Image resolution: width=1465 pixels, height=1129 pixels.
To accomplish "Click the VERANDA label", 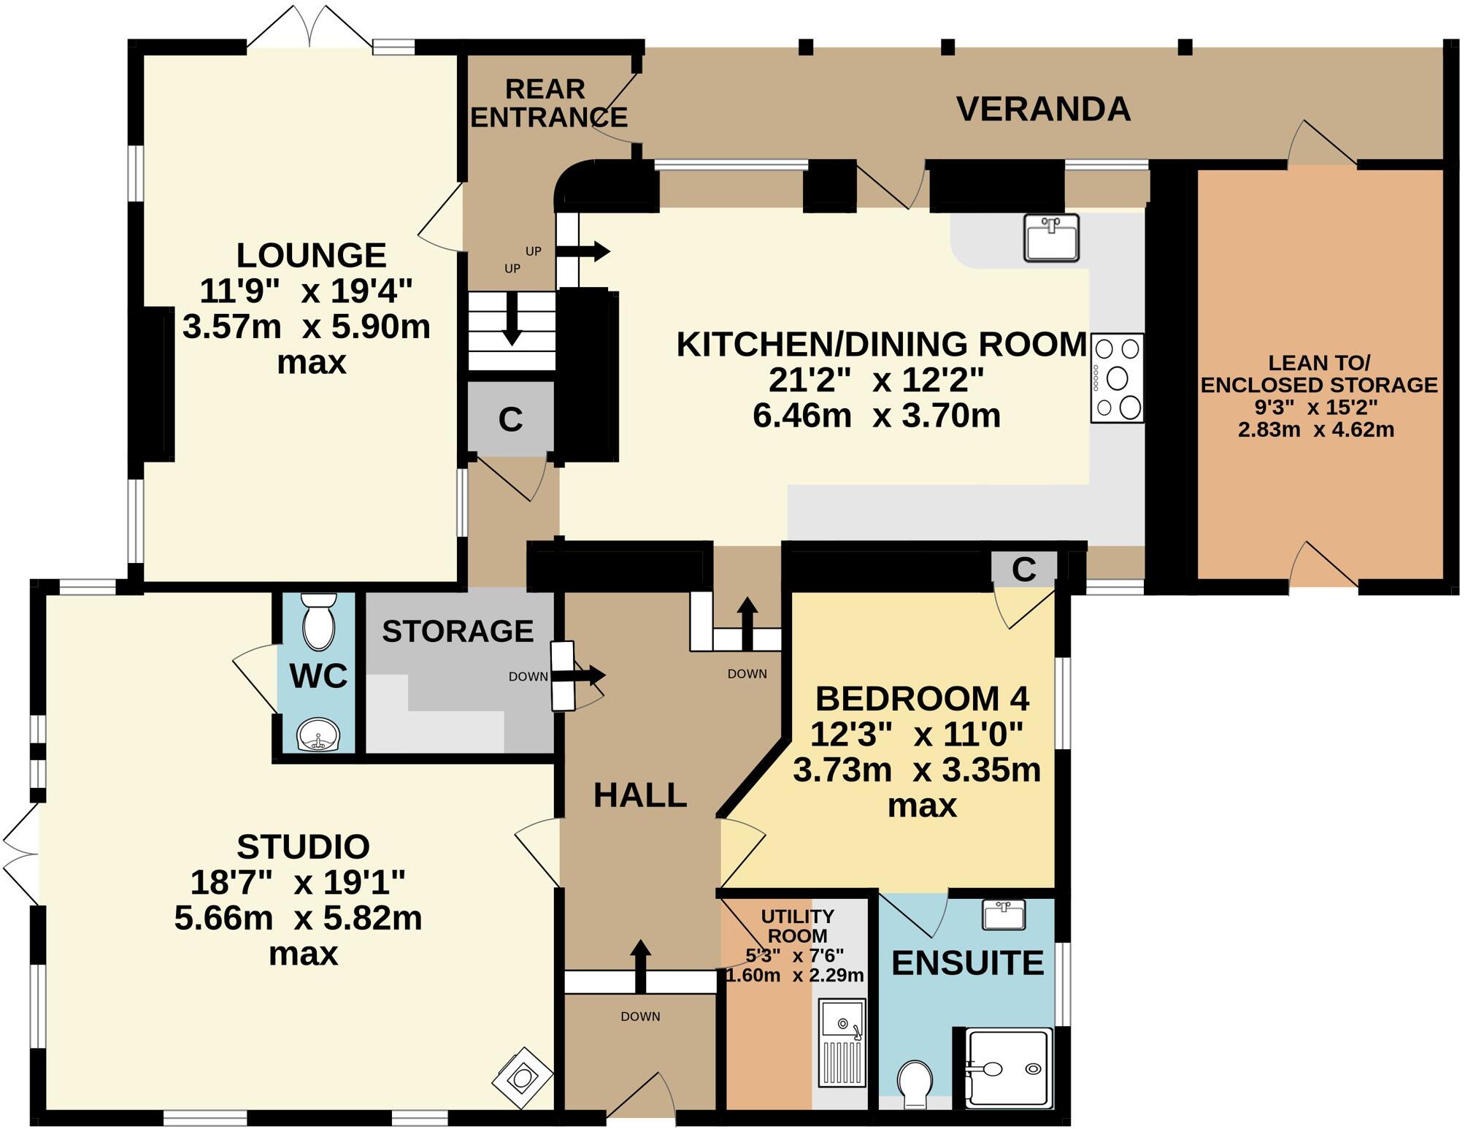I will tap(1043, 110).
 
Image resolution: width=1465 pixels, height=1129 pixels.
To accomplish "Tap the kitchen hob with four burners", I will tap(1117, 378).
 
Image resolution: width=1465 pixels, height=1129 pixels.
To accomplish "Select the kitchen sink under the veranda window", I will tap(1051, 237).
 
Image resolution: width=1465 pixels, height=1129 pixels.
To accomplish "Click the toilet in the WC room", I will tap(318, 621).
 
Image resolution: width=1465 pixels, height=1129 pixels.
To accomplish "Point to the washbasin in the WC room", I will tap(318, 735).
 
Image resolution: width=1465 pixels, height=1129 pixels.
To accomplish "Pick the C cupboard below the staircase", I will tap(510, 419).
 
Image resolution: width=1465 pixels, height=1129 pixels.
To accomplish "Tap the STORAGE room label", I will tap(458, 631).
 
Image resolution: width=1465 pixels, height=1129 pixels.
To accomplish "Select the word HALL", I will tap(640, 795).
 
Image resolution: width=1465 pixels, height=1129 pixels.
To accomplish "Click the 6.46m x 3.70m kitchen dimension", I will tap(876, 416).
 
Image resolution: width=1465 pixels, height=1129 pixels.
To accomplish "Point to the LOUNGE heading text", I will tap(312, 255).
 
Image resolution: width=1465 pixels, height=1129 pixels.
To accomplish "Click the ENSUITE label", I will tap(967, 963).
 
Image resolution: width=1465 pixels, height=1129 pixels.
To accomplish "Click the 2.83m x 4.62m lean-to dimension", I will tap(1315, 429).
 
